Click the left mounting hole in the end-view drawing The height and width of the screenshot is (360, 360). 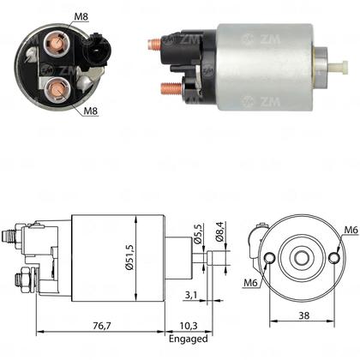click(x=272, y=258)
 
